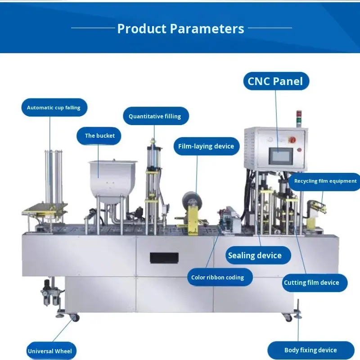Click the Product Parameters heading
(x=180, y=29)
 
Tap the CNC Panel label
(x=275, y=81)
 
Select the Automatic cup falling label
(x=54, y=108)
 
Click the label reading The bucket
(x=99, y=135)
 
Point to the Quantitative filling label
(x=154, y=116)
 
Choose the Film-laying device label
(x=206, y=146)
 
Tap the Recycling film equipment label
(x=325, y=181)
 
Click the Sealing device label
(x=255, y=256)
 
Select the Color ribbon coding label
(x=217, y=277)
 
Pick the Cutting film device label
(x=311, y=283)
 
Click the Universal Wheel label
(x=49, y=351)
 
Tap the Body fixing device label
(x=310, y=350)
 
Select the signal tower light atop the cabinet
(x=297, y=118)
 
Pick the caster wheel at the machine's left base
(x=74, y=318)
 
